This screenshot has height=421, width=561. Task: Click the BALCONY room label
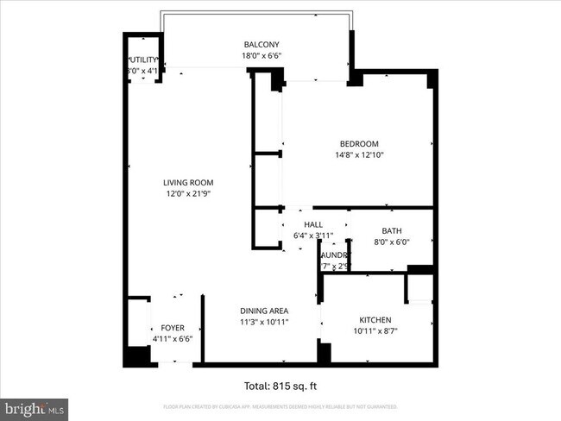(261, 45)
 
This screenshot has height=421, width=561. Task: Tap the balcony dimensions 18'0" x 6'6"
(261, 57)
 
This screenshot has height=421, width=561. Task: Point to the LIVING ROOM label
(188, 183)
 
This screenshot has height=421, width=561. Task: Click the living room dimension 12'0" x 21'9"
(188, 194)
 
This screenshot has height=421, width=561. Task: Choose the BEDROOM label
(358, 144)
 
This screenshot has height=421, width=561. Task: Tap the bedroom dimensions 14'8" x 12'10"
(358, 155)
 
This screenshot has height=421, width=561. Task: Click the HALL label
(300, 224)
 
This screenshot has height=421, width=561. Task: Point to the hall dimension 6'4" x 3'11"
(300, 236)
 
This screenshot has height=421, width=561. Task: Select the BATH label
(392, 230)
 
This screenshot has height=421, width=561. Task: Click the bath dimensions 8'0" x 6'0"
(392, 242)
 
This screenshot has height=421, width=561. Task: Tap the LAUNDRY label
(334, 255)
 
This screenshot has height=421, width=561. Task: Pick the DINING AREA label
(263, 311)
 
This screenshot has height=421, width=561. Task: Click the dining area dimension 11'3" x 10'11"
(263, 322)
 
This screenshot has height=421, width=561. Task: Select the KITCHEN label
(375, 319)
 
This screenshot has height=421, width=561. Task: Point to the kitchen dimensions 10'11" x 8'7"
(375, 330)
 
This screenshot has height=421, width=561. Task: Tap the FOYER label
(173, 328)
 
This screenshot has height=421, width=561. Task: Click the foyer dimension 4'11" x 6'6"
(173, 339)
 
